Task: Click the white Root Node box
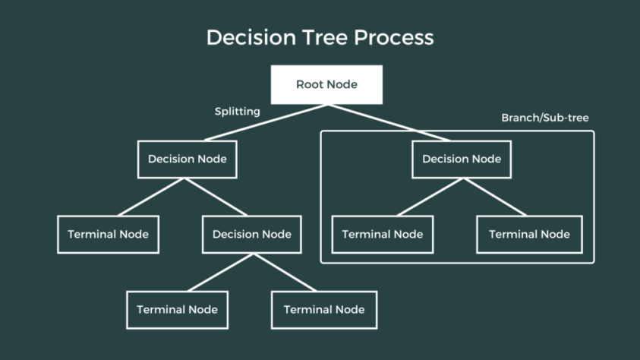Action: pyautogui.click(x=326, y=84)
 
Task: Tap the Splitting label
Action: pyautogui.click(x=237, y=112)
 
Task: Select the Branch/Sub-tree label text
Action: pyautogui.click(x=544, y=118)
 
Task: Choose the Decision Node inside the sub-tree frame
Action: pyautogui.click(x=462, y=159)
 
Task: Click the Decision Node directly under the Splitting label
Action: pyautogui.click(x=188, y=159)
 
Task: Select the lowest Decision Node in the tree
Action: pyautogui.click(x=252, y=234)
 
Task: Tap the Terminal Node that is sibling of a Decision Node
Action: pyautogui.click(x=108, y=234)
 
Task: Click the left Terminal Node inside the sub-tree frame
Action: pyautogui.click(x=383, y=234)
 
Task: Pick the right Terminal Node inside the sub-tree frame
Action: pyautogui.click(x=529, y=234)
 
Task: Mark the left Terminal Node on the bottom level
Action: pyautogui.click(x=177, y=309)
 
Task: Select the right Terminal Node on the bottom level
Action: pyautogui.click(x=324, y=309)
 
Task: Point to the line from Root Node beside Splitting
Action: pyautogui.click(x=266, y=122)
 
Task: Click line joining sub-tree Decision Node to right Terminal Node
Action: pyautogui.click(x=495, y=197)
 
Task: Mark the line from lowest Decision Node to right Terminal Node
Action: pyautogui.click(x=287, y=271)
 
